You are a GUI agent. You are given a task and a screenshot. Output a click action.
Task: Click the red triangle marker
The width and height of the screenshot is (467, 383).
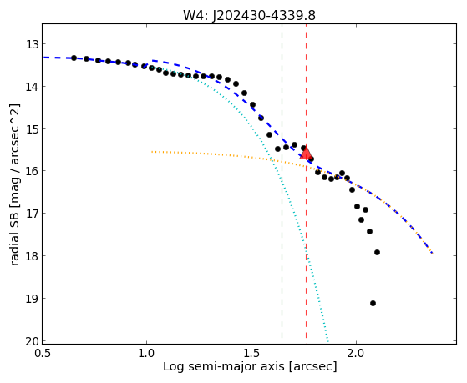pos(306,153)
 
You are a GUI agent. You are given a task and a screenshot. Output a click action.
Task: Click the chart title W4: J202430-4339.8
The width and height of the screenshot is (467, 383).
pos(249,15)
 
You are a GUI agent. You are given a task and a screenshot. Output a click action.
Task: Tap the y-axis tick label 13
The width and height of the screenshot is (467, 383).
pos(33,44)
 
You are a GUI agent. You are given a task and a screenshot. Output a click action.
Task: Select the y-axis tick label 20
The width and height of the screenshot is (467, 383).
pos(33,341)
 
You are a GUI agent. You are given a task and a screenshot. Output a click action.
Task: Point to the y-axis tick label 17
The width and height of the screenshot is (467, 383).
pos(33,214)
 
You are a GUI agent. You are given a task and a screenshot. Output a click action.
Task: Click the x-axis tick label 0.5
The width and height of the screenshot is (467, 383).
pos(43,354)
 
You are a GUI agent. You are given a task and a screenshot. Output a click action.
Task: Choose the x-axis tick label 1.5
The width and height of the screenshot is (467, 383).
pos(251,354)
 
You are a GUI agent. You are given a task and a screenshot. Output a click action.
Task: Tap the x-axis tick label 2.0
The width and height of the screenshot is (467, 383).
pos(356,354)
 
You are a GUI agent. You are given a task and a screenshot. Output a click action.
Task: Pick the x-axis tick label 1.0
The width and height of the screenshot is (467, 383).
pos(146,354)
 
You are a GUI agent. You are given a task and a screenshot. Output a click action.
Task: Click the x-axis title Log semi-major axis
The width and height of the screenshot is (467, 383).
pos(223,367)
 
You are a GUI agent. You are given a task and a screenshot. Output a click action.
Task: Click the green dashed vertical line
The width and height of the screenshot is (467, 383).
pos(282,181)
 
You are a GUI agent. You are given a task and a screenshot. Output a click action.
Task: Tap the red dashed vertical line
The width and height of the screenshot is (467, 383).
pos(306,181)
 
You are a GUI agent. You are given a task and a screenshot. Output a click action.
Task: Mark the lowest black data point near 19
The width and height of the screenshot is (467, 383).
pos(373,304)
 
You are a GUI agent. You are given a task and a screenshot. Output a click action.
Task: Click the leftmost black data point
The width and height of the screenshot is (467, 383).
pos(74,58)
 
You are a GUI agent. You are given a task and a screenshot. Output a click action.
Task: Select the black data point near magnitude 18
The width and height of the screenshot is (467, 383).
pos(377,252)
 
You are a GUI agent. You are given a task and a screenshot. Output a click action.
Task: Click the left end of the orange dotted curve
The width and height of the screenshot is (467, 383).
pos(151,152)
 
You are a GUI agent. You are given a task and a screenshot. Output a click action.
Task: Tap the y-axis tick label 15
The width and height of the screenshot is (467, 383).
pos(33,129)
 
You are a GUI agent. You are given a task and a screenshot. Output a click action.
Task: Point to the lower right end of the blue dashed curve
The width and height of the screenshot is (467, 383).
pos(432,254)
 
